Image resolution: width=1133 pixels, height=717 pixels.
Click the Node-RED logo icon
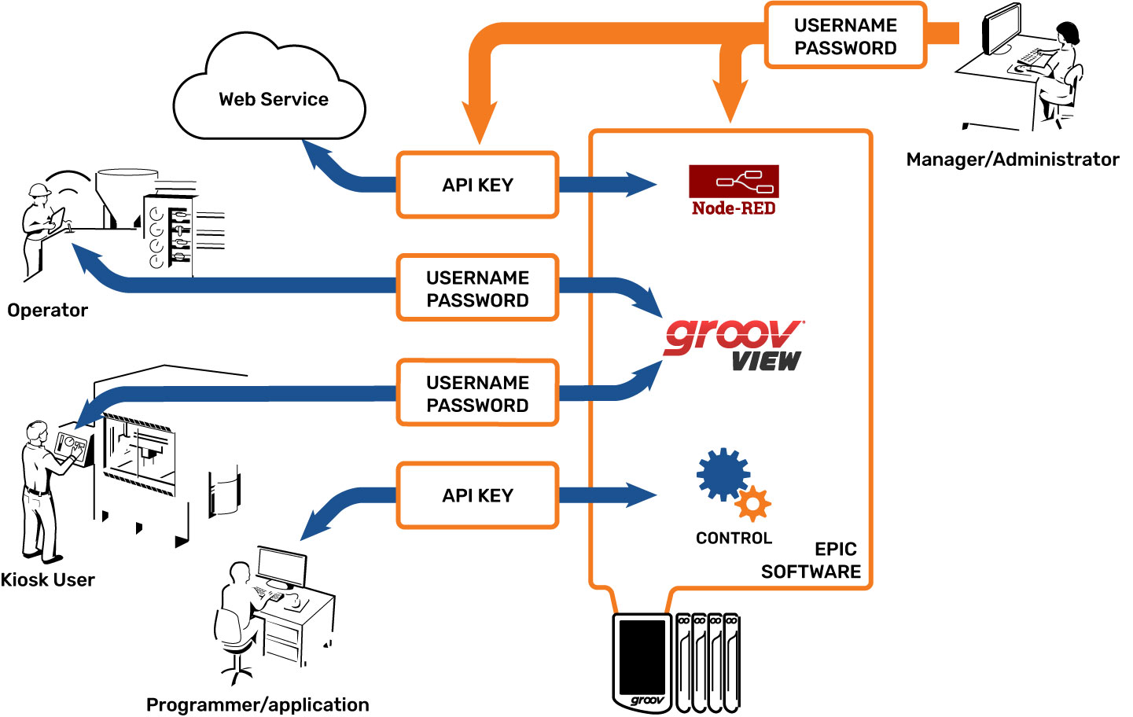pos(734,182)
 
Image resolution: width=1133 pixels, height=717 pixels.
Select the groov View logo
pos(733,344)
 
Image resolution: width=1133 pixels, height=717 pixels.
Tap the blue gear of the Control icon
pos(723,474)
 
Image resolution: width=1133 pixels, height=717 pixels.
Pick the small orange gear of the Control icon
pos(753,503)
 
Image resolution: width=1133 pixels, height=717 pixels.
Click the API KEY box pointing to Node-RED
pos(477,185)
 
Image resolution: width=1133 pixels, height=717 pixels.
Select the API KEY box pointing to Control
pos(477,495)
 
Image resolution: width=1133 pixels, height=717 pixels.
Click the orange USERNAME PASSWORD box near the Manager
pos(845,36)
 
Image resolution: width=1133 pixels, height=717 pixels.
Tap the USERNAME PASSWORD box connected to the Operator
pos(477,289)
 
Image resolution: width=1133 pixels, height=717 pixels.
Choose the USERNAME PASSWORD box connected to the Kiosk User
pos(477,393)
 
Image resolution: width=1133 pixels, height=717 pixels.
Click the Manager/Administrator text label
pos(1012,160)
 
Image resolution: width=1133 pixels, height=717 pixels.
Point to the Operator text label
pos(47,311)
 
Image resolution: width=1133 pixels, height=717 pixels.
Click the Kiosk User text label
pos(47,580)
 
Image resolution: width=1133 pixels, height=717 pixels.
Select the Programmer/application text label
pos(257,704)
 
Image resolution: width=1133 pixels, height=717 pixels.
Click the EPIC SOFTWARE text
pos(811,561)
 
